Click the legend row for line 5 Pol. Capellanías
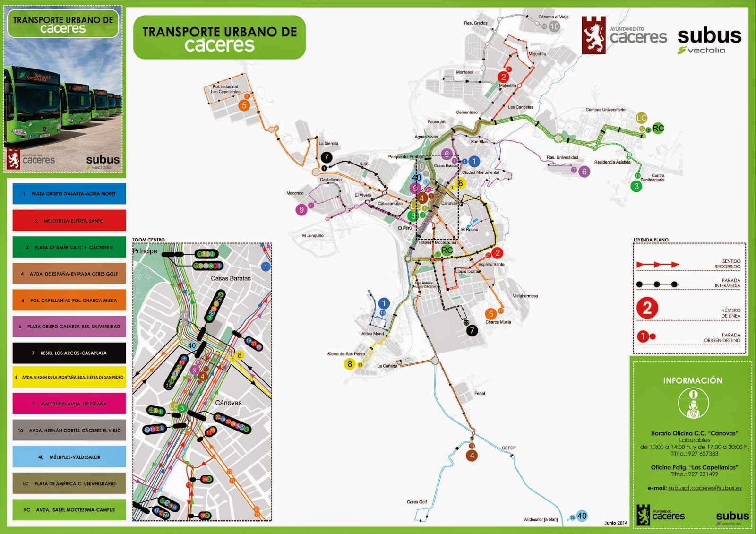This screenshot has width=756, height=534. tap(69, 301)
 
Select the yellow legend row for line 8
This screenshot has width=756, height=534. tap(69, 377)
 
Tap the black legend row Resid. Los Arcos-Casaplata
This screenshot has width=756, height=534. tap(69, 353)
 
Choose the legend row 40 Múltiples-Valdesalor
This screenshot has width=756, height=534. tap(69, 457)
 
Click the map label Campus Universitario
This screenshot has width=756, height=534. tap(605, 110)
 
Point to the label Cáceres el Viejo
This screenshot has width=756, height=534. tap(553, 17)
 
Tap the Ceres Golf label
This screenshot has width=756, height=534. tap(416, 502)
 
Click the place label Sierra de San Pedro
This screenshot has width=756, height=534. tap(346, 354)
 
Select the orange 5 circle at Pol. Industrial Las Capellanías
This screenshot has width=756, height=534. tap(244, 105)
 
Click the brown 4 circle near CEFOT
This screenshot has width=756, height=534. tap(472, 456)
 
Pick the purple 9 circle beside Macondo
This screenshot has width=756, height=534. tap(301, 209)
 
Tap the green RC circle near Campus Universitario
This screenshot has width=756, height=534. tap(658, 128)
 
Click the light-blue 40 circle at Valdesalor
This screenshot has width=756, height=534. tap(582, 516)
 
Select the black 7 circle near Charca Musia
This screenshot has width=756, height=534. tap(472, 331)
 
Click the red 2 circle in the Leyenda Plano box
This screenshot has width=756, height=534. tap(647, 308)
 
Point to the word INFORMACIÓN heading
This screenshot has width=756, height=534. tap(692, 380)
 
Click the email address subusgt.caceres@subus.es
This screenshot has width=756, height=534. tap(704, 488)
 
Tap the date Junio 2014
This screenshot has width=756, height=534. tap(616, 523)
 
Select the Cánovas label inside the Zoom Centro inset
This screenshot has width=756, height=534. tap(228, 403)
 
